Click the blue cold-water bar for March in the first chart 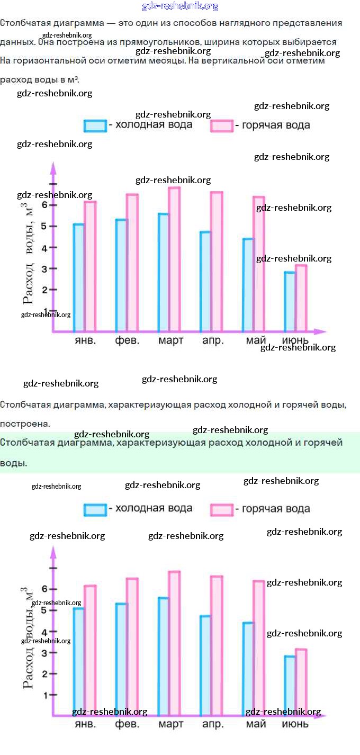pyautogui.click(x=163, y=273)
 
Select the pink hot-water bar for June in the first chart pyautogui.click(x=301, y=298)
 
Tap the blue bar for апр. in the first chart pyautogui.click(x=205, y=282)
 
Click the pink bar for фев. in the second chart pyautogui.click(x=132, y=646)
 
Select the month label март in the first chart pyautogui.click(x=170, y=340)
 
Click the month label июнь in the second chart pyautogui.click(x=295, y=724)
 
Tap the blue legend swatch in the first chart pyautogui.click(x=95, y=125)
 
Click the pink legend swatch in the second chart pyautogui.click(x=221, y=509)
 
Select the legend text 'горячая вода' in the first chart pyautogui.click(x=276, y=125)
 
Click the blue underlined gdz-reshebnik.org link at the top pyautogui.click(x=180, y=6)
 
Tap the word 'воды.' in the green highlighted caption pyautogui.click(x=13, y=463)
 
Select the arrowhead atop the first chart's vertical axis pyautogui.click(x=53, y=168)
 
